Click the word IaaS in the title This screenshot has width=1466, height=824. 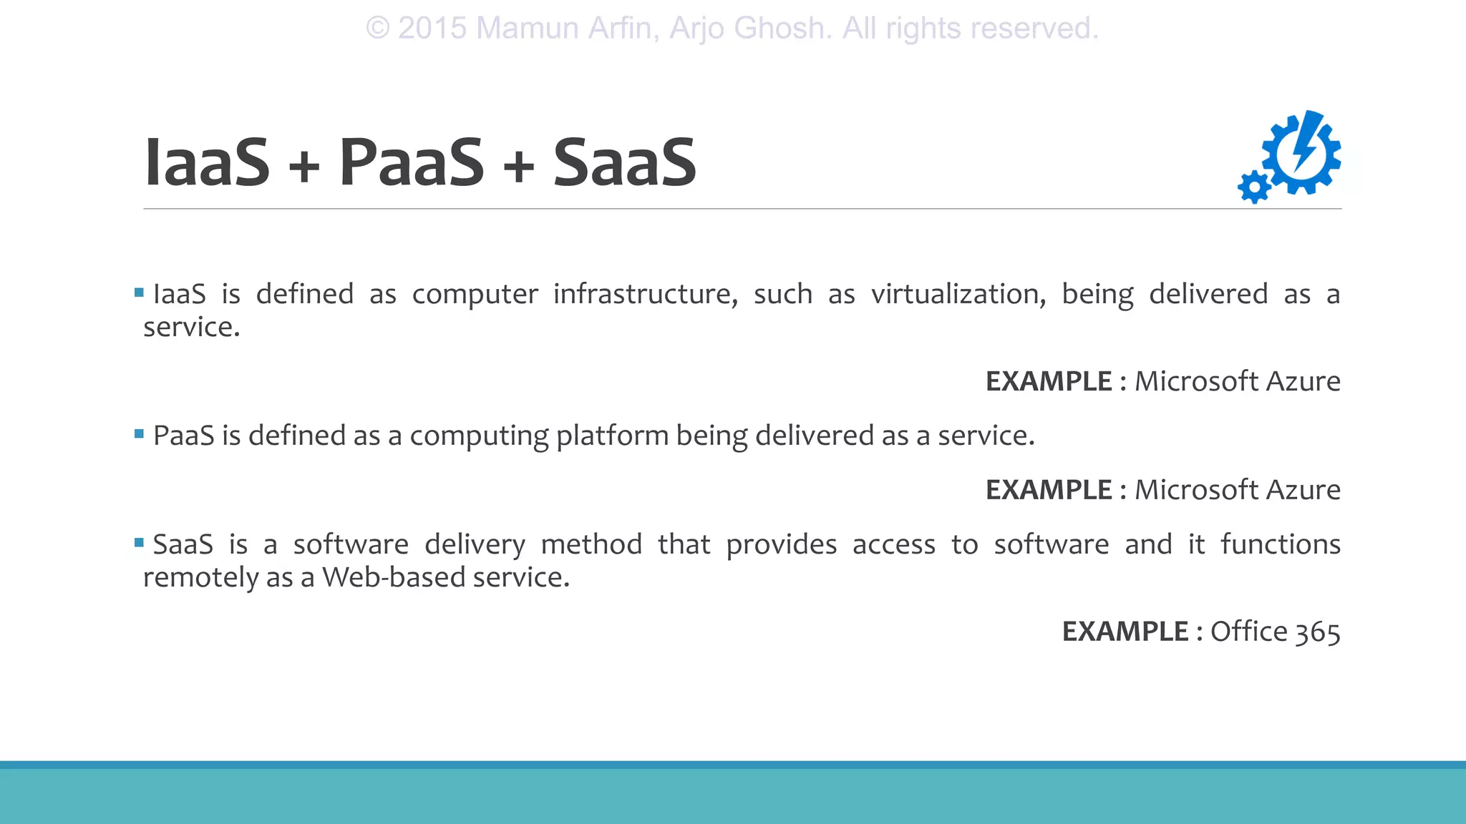[207, 163]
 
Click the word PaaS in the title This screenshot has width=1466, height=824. [412, 163]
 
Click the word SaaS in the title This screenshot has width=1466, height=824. [624, 163]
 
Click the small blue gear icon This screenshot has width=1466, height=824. [1254, 187]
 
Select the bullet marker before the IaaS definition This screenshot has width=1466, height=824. [139, 293]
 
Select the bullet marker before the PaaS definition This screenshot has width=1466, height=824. [139, 433]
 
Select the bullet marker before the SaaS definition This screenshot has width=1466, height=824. [139, 543]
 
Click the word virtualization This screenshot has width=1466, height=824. [958, 294]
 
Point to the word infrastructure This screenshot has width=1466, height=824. [645, 294]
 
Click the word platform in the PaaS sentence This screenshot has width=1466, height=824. [612, 436]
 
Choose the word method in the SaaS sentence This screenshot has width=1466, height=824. [591, 544]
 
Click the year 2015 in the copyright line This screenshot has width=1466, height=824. [432, 29]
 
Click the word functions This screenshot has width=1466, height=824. [1280, 544]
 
